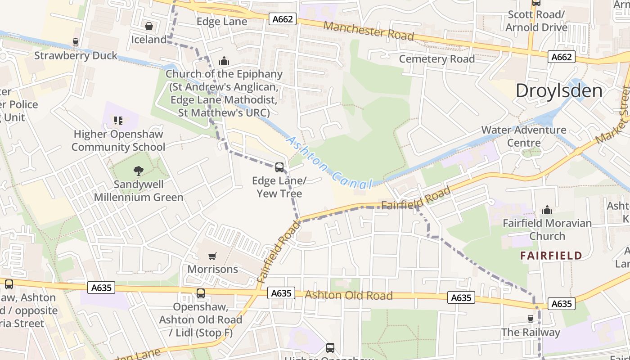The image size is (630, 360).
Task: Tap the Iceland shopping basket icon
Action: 149,27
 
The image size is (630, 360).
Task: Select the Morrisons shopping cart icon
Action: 212,256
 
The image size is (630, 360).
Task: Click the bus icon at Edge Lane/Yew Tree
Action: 279,167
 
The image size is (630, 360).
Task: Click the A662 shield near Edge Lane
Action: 283,19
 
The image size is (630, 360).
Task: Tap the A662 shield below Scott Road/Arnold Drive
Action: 562,57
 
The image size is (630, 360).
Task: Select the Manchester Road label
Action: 368,31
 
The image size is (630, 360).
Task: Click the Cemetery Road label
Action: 436,59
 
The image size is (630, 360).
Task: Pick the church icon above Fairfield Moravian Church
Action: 547,210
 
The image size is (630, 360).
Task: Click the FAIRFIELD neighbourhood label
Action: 551,256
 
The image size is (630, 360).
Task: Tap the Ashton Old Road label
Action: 349,295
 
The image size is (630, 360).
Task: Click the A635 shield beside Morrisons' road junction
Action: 282,293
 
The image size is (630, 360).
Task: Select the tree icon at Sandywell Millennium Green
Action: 138,171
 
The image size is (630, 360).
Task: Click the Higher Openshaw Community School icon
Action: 118,120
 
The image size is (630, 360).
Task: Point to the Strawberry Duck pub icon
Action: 76,42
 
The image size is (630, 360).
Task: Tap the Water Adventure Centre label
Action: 524,136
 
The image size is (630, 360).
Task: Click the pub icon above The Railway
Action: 531,319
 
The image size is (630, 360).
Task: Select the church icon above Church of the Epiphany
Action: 224,61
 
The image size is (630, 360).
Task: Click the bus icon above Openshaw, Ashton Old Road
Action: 201,293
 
